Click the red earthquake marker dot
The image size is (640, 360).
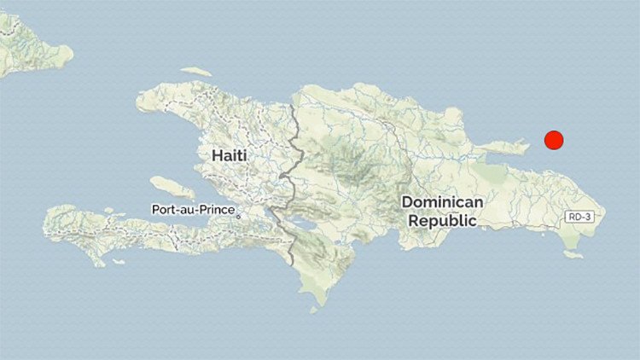(554, 141)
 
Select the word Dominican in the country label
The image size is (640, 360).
(443, 202)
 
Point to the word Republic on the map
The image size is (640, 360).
(442, 220)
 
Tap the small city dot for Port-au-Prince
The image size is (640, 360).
(239, 215)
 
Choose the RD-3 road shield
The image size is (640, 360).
(582, 218)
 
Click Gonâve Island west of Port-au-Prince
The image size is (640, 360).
(172, 187)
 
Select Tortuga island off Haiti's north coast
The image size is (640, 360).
(196, 72)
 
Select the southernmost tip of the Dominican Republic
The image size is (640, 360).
(319, 302)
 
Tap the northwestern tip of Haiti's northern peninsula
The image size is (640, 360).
(138, 102)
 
